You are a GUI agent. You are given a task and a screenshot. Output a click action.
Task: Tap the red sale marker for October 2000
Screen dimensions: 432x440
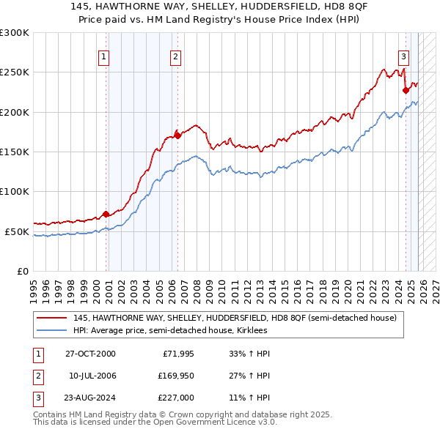coord(106,214)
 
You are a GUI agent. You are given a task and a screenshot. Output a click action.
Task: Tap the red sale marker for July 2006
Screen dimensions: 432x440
coord(177,135)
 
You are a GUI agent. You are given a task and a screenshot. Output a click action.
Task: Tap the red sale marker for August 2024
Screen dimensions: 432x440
coord(406,90)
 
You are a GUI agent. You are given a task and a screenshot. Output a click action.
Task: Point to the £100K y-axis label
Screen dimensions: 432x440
coord(15,192)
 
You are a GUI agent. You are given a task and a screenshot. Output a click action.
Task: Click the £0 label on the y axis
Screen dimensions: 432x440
coord(22,271)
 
